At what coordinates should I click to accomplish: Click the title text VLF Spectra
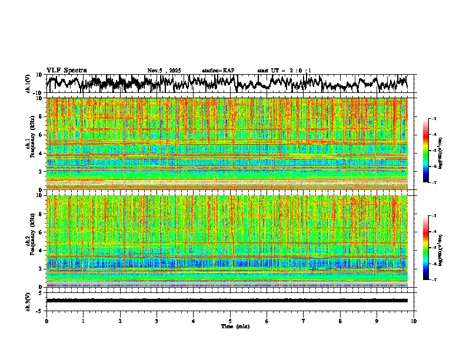click(66, 70)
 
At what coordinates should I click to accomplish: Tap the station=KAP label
click(218, 71)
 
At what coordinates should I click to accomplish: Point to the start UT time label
click(284, 71)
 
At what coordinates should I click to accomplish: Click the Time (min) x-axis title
click(235, 326)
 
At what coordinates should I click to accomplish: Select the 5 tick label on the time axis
click(230, 321)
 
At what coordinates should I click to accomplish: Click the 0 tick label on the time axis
click(46, 321)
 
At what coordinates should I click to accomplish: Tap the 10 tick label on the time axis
click(414, 321)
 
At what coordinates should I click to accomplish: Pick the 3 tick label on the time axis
click(157, 321)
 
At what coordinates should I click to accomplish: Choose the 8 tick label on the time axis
click(340, 321)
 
